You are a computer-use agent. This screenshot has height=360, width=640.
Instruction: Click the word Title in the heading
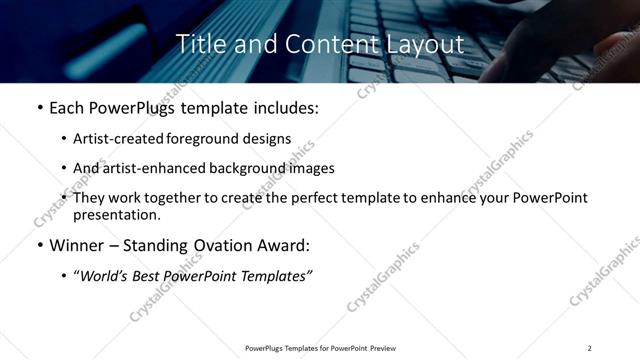coord(198,45)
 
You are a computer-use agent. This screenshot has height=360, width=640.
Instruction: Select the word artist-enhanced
coord(179,168)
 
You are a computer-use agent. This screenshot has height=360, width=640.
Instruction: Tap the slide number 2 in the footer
coord(590,348)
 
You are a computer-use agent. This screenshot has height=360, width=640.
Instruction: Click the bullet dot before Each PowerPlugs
coord(38,107)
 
